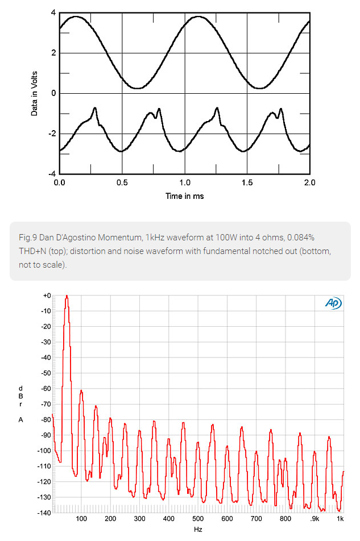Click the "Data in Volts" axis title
click(35, 92)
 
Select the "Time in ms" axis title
click(184, 196)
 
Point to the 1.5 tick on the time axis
click(247, 183)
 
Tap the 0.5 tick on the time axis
click(122, 183)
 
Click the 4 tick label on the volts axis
click(53, 13)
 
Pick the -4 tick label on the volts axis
click(51, 174)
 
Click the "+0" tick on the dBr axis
click(47, 296)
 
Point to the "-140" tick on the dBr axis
click(44, 513)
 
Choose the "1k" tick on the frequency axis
click(340, 519)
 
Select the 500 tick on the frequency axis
click(198, 519)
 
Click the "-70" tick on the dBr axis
click(45, 404)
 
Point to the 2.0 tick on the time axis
click(309, 183)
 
